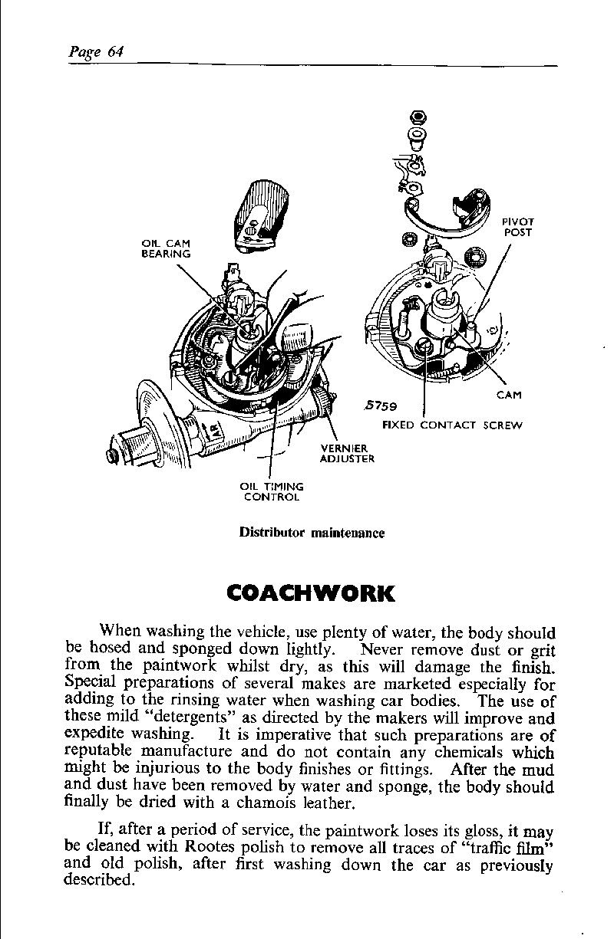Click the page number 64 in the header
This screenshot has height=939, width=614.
point(115,52)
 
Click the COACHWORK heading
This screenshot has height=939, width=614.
point(311,594)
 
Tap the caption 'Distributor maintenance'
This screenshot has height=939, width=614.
point(312,533)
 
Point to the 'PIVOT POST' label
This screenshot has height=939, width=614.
point(519,227)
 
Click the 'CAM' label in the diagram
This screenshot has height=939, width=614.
point(509,396)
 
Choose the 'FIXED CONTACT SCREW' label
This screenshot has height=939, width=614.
point(452,425)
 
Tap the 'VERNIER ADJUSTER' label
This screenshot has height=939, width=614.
point(347,454)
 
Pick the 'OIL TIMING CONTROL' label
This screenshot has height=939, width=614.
point(272,491)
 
